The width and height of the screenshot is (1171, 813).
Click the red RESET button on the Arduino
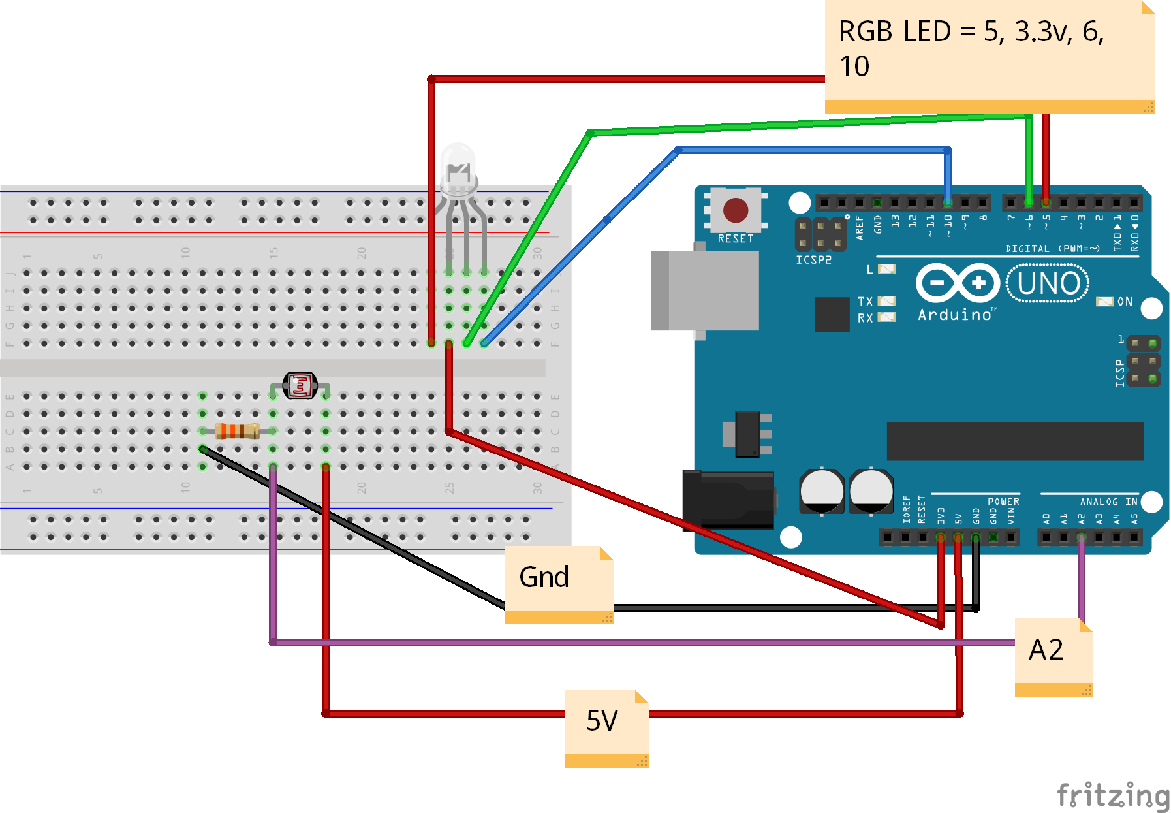point(736,210)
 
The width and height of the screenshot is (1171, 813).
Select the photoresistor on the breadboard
point(300,385)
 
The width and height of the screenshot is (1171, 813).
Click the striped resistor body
point(237,431)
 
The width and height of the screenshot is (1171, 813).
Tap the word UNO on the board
point(1048,283)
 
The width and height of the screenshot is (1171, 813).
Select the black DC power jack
point(728,500)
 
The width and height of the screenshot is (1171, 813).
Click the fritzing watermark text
point(1112,795)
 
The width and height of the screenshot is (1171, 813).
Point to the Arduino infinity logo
point(958,283)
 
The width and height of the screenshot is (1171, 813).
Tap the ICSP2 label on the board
point(813,260)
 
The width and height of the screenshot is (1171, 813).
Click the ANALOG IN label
point(1108,502)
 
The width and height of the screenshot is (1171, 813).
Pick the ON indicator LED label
point(1124,302)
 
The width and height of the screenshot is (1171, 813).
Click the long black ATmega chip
point(1014,441)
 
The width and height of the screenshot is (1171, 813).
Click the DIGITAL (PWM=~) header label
point(1052,248)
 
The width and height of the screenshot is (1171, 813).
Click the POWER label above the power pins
point(1003,502)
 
